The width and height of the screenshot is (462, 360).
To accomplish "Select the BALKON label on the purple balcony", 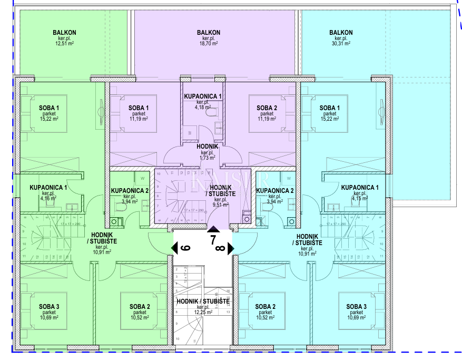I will (208, 33).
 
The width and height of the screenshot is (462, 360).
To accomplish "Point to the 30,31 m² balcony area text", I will (341, 44).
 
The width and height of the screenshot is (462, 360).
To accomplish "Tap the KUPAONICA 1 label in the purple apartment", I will (203, 96).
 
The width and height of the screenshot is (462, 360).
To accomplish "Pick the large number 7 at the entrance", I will (213, 240).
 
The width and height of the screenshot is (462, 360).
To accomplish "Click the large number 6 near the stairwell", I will (184, 248).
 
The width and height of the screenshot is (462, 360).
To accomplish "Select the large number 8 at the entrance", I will (220, 248).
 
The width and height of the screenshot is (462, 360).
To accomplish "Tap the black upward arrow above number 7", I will (213, 229).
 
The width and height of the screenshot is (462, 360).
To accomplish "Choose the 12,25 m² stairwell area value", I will (203, 313).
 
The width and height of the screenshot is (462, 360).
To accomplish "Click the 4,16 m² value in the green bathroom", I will (48, 199).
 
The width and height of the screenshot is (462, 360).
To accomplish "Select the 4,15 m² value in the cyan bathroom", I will (360, 199).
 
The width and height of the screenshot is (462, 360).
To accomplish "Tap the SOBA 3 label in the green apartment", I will (48, 306).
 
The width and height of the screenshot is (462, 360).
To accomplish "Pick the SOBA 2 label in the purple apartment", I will (267, 108).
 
